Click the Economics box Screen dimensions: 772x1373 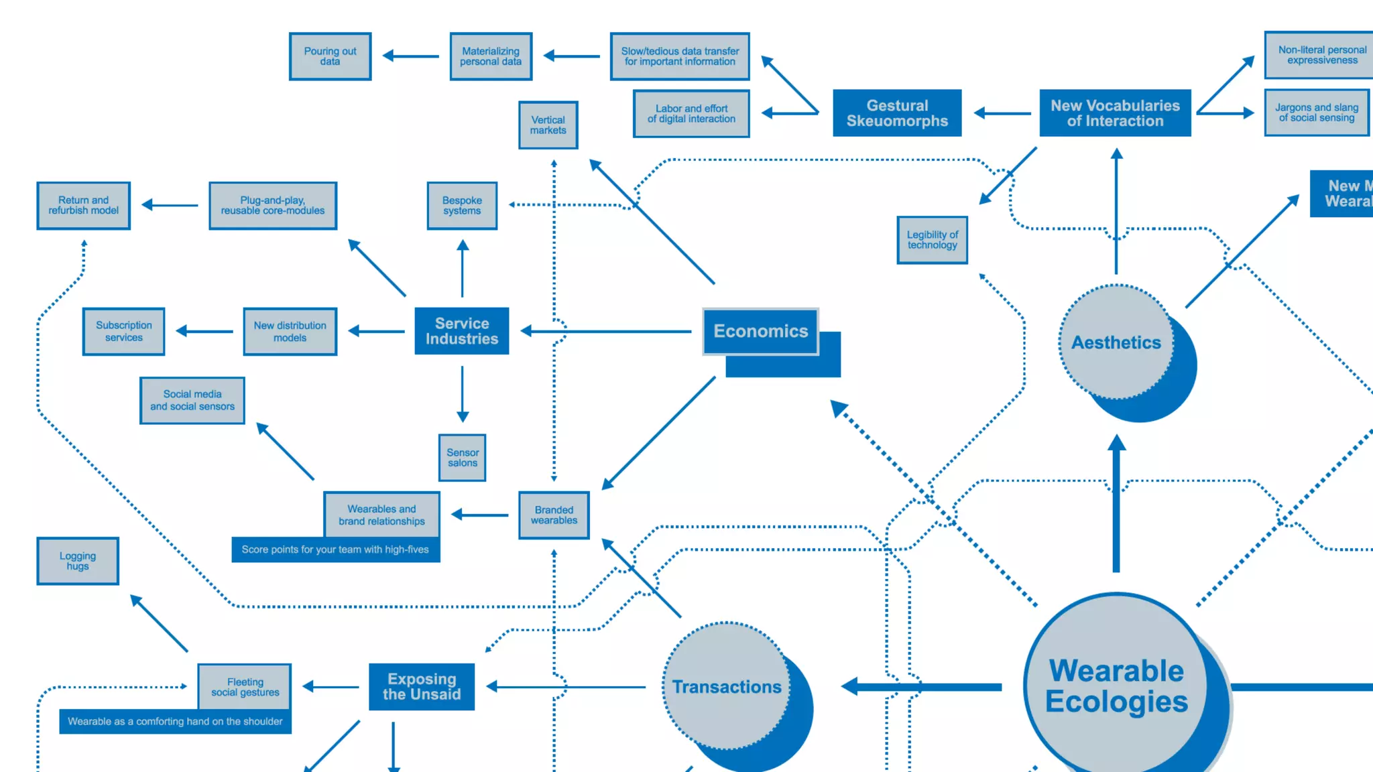tap(760, 331)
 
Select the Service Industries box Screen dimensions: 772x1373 tap(461, 331)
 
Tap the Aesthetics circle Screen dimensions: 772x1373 tap(1116, 342)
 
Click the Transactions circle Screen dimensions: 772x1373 tap(727, 686)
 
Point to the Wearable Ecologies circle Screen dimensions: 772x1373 tap(1116, 686)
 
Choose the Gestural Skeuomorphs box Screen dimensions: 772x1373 tap(897, 113)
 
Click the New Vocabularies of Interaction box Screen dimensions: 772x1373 tap(1115, 113)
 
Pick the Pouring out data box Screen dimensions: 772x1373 tap(330, 56)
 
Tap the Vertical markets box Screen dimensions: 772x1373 tap(548, 125)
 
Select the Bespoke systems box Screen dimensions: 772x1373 tap(462, 206)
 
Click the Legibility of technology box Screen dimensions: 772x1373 tap(932, 240)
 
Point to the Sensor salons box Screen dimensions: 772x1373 tap(462, 458)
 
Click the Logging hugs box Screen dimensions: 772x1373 tap(78, 561)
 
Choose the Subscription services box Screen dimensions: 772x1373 tap(123, 332)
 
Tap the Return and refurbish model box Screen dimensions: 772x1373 tap(83, 206)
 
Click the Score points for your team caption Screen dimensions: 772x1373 tap(335, 550)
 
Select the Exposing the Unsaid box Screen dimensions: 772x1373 tap(422, 686)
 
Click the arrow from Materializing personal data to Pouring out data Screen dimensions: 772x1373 tap(410, 56)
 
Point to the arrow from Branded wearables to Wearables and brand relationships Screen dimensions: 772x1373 tap(479, 515)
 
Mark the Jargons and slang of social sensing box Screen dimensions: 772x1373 tap(1317, 113)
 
